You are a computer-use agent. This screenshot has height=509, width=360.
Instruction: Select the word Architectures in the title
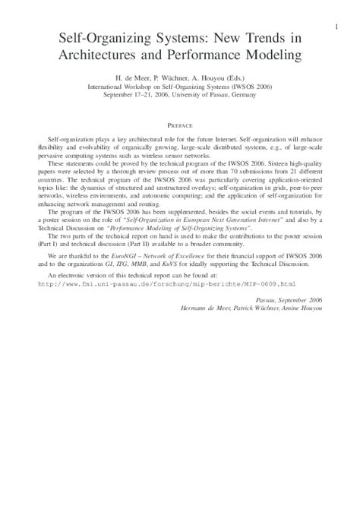103,55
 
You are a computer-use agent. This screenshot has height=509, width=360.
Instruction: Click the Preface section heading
180,124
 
